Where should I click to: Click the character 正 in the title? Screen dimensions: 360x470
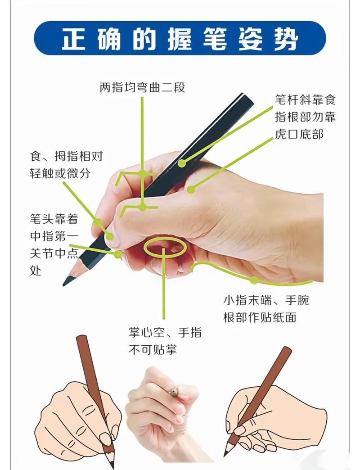(74, 39)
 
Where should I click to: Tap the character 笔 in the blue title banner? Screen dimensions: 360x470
(215, 39)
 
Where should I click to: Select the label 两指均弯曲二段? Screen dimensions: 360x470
(142, 87)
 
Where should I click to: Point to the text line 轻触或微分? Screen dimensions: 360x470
(60, 173)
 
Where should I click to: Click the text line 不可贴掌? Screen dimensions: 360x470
(153, 349)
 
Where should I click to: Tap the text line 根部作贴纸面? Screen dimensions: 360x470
(260, 317)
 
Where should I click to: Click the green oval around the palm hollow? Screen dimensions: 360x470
(164, 238)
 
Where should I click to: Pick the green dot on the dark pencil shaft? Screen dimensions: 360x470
(182, 163)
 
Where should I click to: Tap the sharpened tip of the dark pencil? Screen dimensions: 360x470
(64, 284)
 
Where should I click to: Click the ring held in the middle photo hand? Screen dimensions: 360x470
(174, 391)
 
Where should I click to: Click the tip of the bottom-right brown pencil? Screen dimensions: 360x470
(225, 456)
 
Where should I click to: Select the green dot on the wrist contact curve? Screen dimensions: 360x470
(254, 280)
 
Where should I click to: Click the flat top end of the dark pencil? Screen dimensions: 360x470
(247, 99)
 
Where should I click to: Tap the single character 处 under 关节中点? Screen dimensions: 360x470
(36, 271)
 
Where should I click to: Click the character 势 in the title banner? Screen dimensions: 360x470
(286, 39)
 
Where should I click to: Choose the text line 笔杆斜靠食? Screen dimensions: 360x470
(306, 99)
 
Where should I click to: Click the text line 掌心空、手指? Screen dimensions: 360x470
(165, 332)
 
